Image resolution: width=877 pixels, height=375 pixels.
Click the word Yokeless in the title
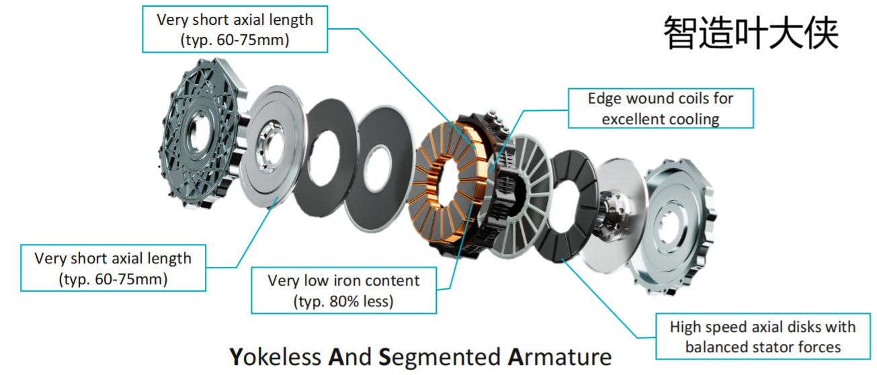click(x=275, y=357)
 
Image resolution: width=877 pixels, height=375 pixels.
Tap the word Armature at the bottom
click(x=560, y=357)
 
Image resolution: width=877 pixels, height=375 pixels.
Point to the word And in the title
click(x=349, y=357)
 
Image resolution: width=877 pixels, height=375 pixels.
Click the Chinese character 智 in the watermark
click(x=681, y=32)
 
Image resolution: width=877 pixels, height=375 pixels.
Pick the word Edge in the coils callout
click(x=605, y=99)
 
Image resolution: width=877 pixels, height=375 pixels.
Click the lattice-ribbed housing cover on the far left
click(x=202, y=133)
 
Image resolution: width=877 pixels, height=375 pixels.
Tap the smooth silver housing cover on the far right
click(x=671, y=227)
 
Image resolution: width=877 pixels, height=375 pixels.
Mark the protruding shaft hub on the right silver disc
click(x=611, y=213)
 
